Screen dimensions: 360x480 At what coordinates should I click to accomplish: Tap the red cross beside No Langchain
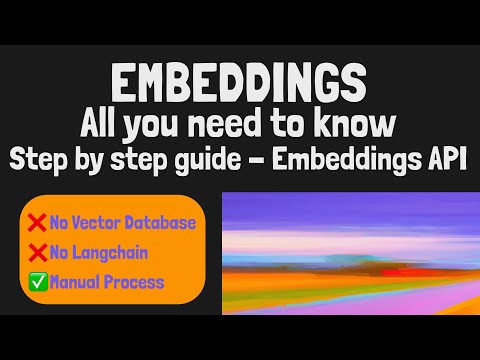point(36,252)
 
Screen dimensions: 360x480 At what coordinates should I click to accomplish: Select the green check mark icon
point(36,282)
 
